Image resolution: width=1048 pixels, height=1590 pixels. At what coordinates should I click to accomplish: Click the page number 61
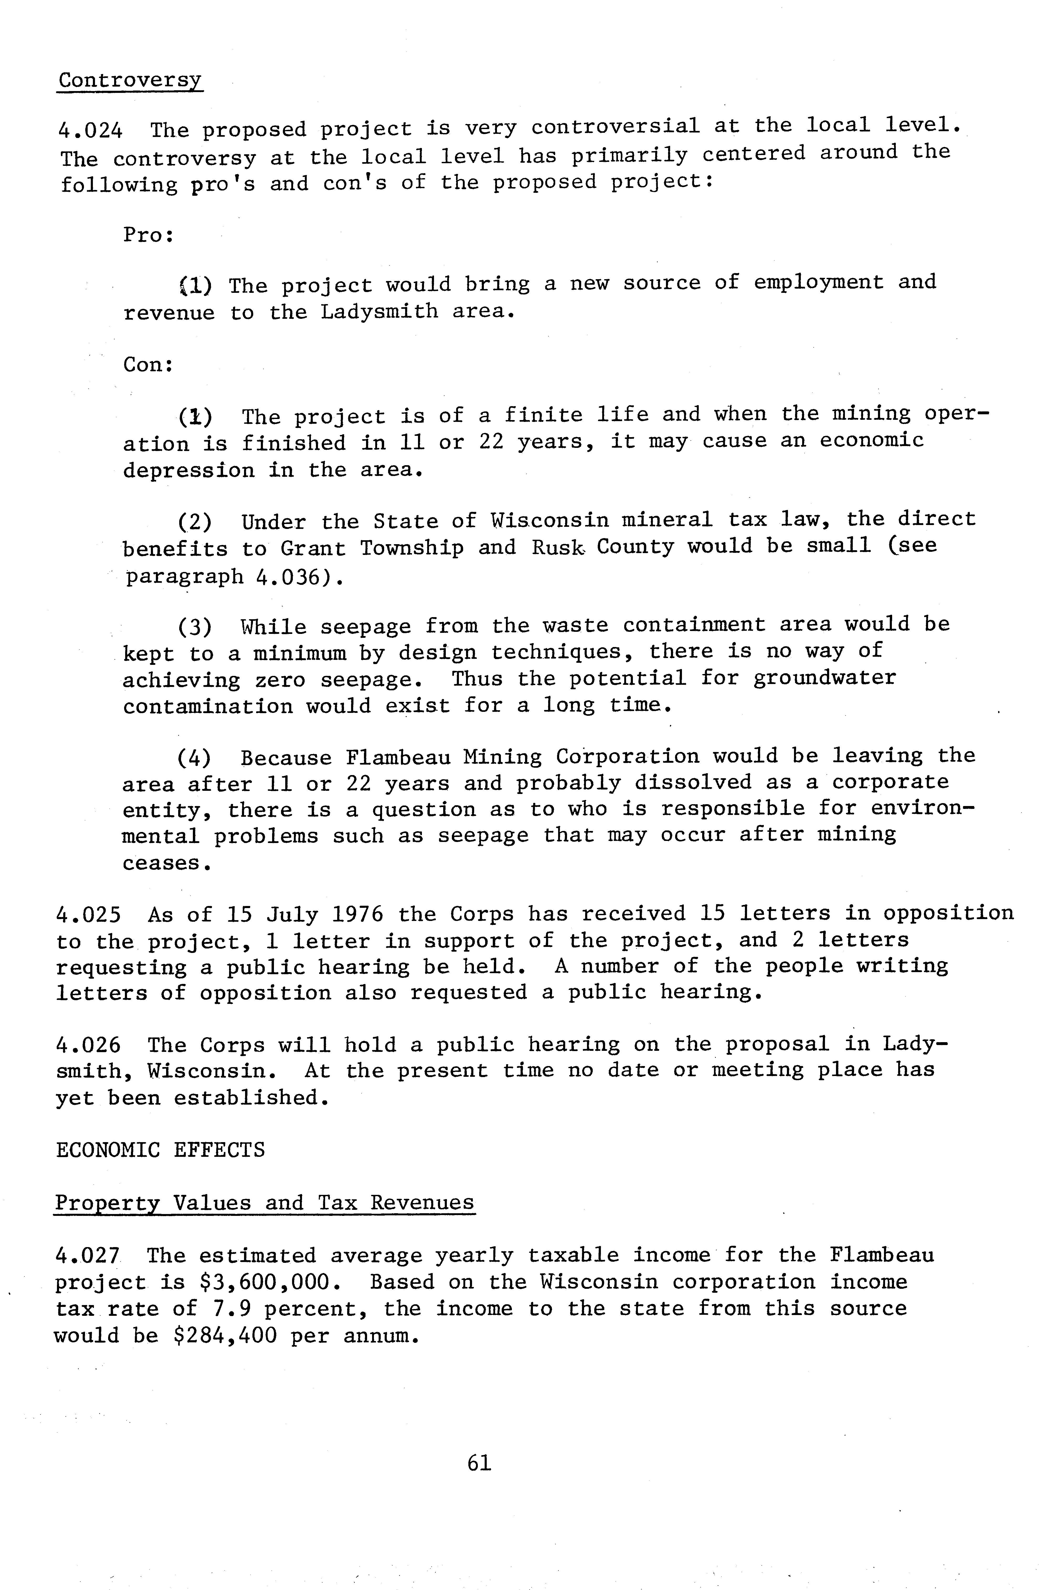click(480, 1464)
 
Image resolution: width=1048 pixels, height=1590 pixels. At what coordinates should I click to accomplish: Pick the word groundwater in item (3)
click(824, 678)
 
